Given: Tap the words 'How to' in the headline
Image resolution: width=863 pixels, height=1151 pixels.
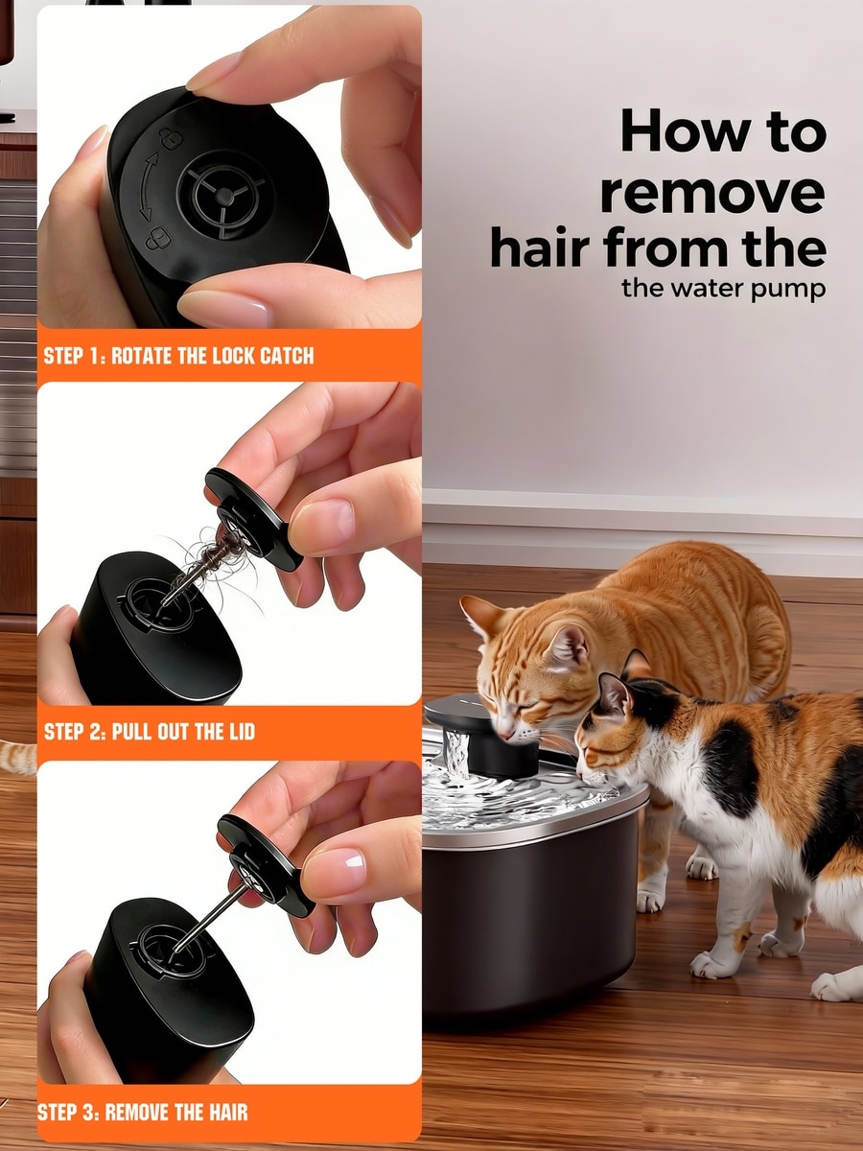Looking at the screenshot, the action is (724, 130).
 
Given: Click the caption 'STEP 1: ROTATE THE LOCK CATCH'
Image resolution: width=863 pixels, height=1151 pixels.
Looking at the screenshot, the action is (178, 356).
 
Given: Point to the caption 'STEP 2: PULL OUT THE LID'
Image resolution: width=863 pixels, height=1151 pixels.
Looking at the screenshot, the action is (150, 732).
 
